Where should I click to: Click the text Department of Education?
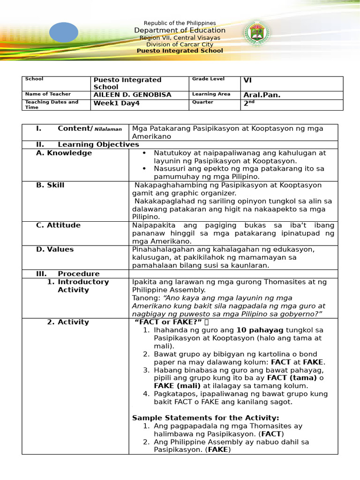coord(180,30)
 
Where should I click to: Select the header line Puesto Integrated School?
coord(180,51)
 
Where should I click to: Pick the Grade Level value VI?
coord(248,80)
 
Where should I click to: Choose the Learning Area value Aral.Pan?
coord(262,95)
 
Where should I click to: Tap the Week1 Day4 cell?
coord(117,103)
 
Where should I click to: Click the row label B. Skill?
coord(50,185)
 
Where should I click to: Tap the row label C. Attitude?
coord(58,225)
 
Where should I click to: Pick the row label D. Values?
coord(55,249)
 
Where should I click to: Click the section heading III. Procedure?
coord(68,274)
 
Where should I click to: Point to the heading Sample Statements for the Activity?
coord(206,418)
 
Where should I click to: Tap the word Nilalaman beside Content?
coord(109,129)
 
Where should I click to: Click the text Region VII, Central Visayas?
coord(180,37)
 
